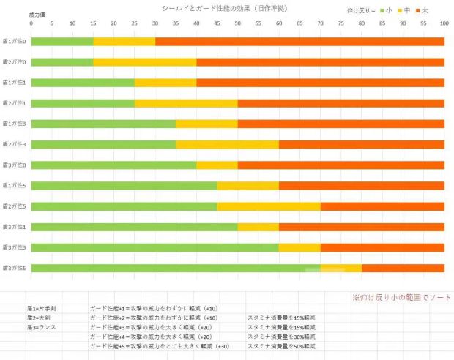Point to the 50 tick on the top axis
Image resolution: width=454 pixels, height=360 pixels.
point(237,23)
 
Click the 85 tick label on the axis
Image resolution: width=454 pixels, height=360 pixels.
point(382,23)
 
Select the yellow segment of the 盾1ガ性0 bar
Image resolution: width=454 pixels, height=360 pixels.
point(124,42)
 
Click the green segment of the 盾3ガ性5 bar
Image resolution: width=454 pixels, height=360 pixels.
point(176,269)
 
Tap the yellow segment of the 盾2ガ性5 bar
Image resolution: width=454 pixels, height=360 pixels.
point(268,206)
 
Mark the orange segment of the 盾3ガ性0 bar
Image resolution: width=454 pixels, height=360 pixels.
point(340,165)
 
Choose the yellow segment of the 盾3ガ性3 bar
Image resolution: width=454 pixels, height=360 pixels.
point(299,248)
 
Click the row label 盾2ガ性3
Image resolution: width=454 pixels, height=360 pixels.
point(15,145)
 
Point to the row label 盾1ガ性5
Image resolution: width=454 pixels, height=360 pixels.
point(15,186)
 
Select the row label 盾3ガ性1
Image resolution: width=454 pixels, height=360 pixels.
point(15,227)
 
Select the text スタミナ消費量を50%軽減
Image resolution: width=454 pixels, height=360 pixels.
point(281,345)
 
